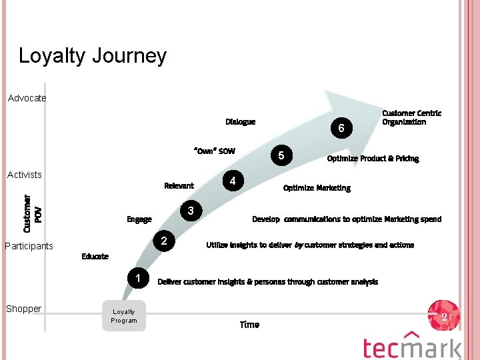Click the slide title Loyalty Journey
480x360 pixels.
[92, 55]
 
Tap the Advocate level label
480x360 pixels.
[27, 99]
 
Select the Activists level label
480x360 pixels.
[25, 175]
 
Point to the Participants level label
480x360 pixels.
[29, 246]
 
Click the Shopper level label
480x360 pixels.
[24, 309]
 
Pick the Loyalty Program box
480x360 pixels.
[124, 316]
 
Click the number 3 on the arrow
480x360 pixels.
[191, 211]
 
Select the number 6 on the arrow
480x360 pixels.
[341, 128]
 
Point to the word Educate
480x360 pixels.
[95, 257]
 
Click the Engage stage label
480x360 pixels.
[139, 219]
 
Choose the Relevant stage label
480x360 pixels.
[179, 186]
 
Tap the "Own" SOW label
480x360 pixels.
[214, 151]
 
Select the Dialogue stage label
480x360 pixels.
[240, 122]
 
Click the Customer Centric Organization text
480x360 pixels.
[411, 118]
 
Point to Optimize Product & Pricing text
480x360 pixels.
[373, 159]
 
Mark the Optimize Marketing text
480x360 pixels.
[317, 188]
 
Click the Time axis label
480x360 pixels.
[249, 325]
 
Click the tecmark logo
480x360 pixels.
[412, 345]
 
